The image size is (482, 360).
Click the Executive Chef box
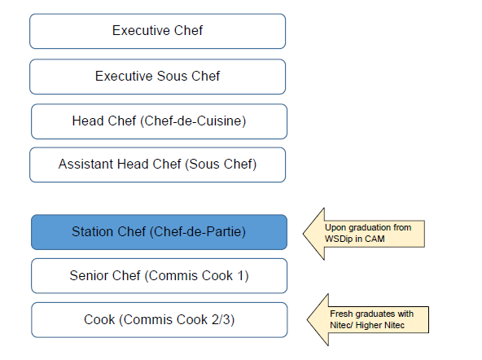[157, 31]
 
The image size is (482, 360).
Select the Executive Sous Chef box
[157, 77]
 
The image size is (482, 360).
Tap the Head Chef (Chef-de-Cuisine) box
[159, 121]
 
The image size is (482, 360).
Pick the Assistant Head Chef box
[157, 165]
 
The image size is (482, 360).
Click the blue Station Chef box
[159, 232]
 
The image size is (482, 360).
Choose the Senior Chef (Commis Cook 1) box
[159, 276]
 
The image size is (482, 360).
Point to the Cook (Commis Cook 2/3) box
[160, 320]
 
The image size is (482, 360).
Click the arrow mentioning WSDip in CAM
[364, 234]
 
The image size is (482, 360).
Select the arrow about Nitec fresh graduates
[368, 320]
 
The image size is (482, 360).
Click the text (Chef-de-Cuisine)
[193, 121]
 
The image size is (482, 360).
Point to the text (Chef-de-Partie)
[198, 232]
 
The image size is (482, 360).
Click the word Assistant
[86, 165]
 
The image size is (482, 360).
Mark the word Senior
[89, 275]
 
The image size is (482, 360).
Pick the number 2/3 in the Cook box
[221, 320]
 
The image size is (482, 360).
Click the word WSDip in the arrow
[339, 239]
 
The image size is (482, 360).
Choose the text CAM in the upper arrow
[375, 239]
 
